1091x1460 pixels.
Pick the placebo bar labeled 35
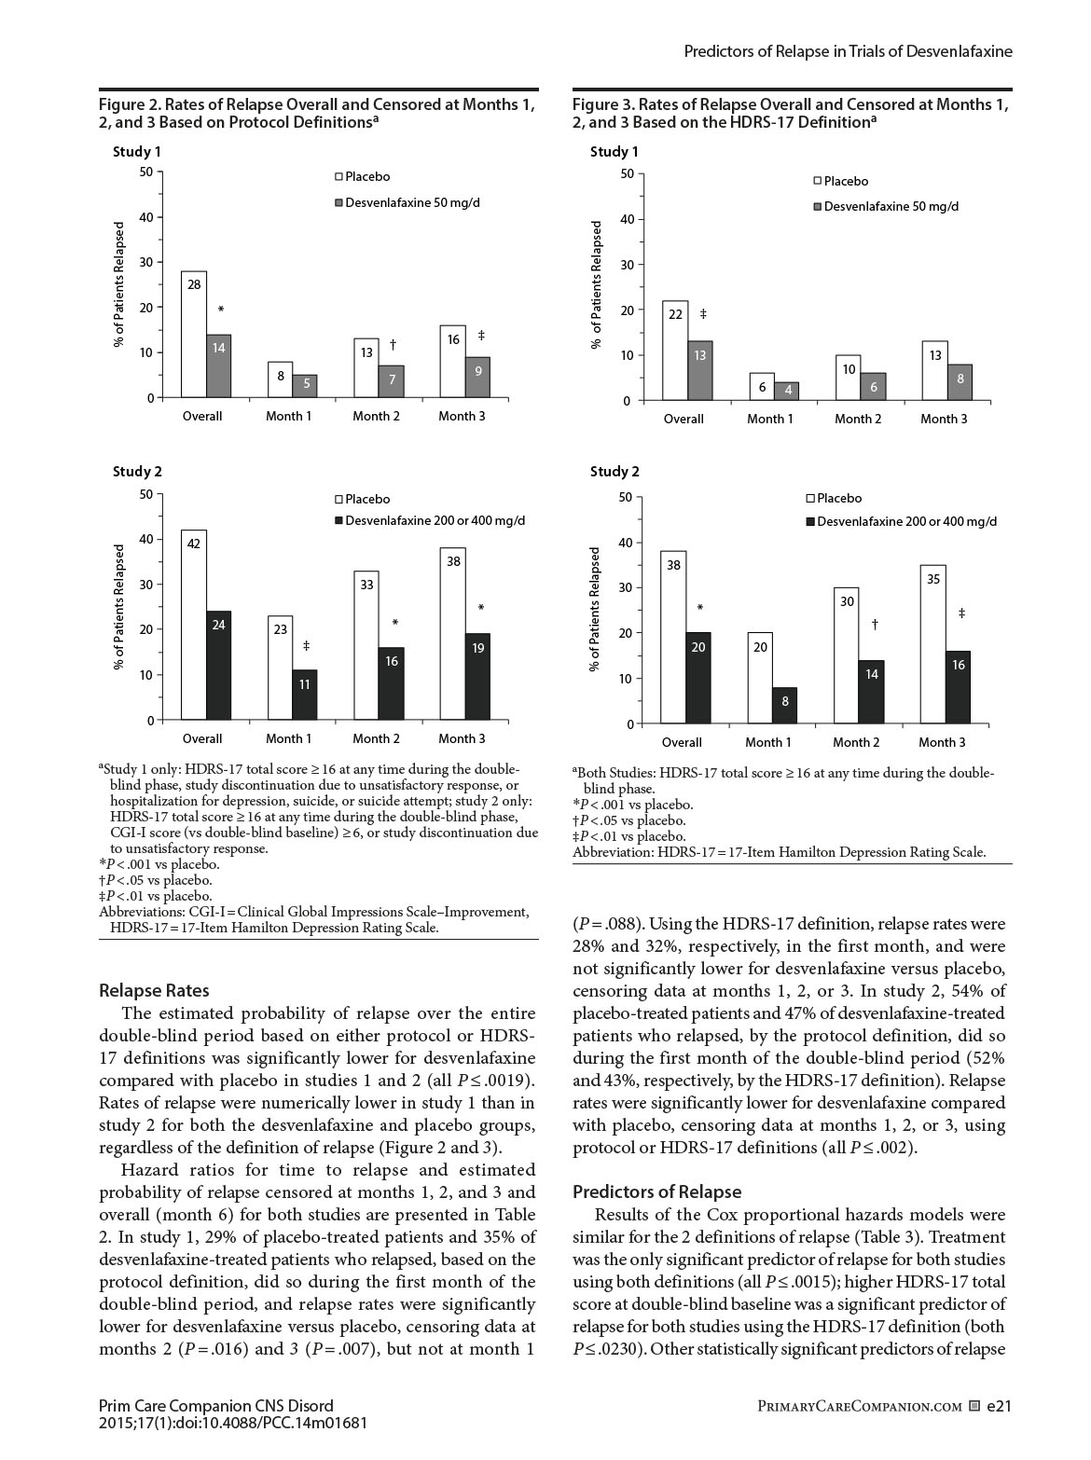[x=933, y=643]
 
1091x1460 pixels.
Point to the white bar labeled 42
[x=194, y=625]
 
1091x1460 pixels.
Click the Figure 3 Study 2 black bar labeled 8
[x=784, y=705]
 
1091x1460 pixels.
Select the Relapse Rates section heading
[x=154, y=990]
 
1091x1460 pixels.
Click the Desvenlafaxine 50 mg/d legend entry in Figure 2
[x=412, y=202]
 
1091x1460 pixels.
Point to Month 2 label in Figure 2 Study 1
[x=376, y=416]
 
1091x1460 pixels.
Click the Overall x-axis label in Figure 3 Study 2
[x=682, y=742]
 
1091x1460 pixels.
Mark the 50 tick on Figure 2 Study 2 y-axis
[x=145, y=494]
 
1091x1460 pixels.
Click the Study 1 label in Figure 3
[x=615, y=151]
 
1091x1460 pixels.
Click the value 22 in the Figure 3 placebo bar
[x=676, y=314]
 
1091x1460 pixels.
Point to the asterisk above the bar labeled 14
[x=221, y=310]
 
